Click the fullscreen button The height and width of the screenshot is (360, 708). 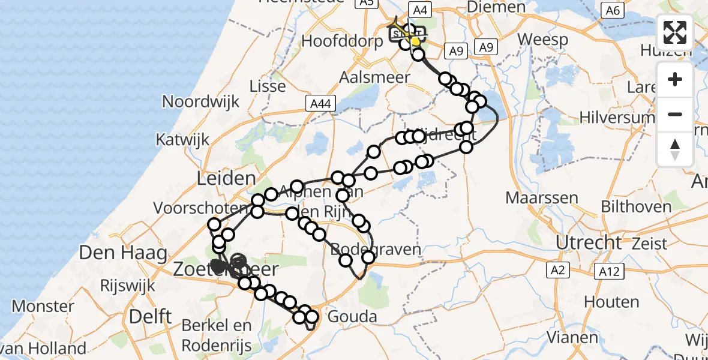675,32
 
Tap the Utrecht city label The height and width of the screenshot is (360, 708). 589,242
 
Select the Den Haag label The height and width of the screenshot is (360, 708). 122,253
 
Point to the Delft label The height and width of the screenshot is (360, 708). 151,316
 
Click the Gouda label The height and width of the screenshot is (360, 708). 352,316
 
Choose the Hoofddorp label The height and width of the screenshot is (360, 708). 343,41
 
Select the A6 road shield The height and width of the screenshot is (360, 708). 612,10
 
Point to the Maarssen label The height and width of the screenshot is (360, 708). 541,197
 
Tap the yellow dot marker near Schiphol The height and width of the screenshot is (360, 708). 415,41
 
